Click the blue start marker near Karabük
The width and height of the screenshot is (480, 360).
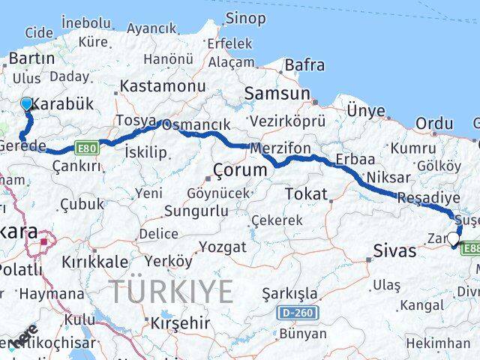(27, 104)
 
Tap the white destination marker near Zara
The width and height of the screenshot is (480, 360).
(452, 239)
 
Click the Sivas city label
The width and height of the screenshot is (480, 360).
(395, 251)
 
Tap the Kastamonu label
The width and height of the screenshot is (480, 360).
(163, 86)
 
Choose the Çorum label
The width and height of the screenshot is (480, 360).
(240, 170)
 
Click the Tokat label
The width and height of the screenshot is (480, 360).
(306, 194)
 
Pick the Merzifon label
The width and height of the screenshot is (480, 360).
(280, 148)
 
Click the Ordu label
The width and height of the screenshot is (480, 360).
(435, 124)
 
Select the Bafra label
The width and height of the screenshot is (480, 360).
(304, 66)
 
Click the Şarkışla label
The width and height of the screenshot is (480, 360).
(289, 293)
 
